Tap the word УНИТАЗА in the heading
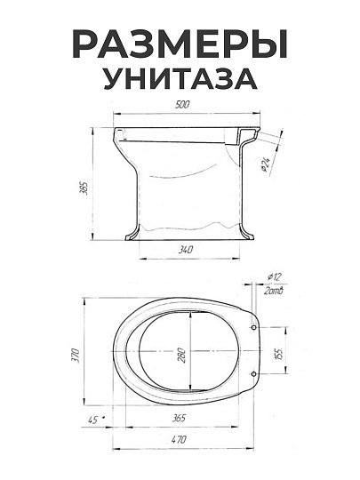180,79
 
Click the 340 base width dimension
186,251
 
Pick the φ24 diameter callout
267,163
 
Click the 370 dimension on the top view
76,356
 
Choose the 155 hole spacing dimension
277,353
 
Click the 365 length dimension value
178,417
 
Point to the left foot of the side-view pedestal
130,236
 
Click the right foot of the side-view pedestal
253,236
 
